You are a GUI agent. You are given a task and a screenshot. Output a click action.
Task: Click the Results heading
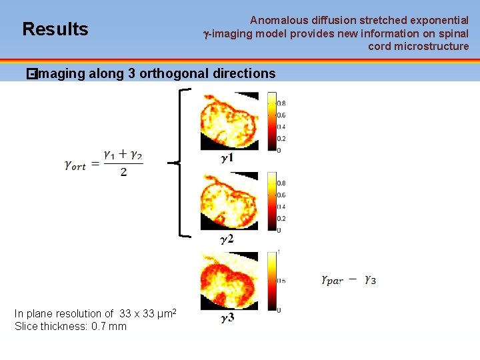pyautogui.click(x=55, y=29)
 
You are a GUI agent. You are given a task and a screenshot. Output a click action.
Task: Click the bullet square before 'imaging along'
pyautogui.click(x=29, y=73)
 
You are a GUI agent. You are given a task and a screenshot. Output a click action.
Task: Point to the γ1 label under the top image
pyautogui.click(x=227, y=159)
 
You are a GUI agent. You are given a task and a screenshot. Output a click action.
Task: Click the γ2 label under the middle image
pyautogui.click(x=227, y=238)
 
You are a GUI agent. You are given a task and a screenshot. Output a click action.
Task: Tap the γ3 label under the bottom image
pyautogui.click(x=227, y=318)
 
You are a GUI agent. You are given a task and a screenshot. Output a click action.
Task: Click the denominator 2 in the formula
pyautogui.click(x=123, y=173)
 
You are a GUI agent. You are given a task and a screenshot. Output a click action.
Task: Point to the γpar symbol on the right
pyautogui.click(x=332, y=281)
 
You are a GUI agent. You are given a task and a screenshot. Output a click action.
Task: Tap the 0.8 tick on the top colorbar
pyautogui.click(x=281, y=103)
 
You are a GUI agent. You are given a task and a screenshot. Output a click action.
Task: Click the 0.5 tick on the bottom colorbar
pyautogui.click(x=281, y=281)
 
